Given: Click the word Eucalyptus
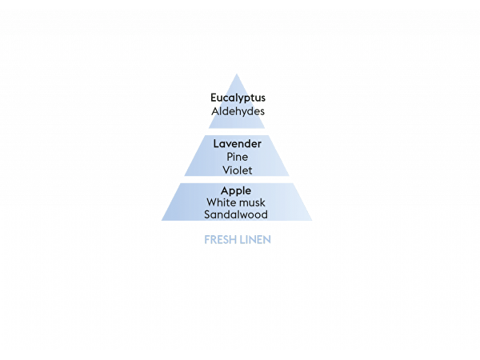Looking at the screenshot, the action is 238,98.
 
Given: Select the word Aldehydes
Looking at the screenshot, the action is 238,111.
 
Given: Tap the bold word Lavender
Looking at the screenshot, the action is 238,143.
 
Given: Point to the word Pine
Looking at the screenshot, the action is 238,157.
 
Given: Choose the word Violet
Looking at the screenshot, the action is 238,170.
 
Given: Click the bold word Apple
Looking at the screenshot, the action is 236,191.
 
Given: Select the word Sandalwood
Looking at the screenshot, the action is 236,214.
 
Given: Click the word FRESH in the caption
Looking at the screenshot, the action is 221,240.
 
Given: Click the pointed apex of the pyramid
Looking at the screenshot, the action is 237,74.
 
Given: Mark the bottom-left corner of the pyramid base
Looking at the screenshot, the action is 162,221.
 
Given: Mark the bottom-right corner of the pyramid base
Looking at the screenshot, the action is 312,221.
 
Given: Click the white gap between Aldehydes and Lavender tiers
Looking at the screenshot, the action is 237,132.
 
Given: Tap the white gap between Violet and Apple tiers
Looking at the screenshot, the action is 237,180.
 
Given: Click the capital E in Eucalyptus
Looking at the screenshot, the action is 214,98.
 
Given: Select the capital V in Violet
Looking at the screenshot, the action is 227,170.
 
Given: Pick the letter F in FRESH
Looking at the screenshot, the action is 207,240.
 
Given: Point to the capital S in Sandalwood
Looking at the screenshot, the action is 208,214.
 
